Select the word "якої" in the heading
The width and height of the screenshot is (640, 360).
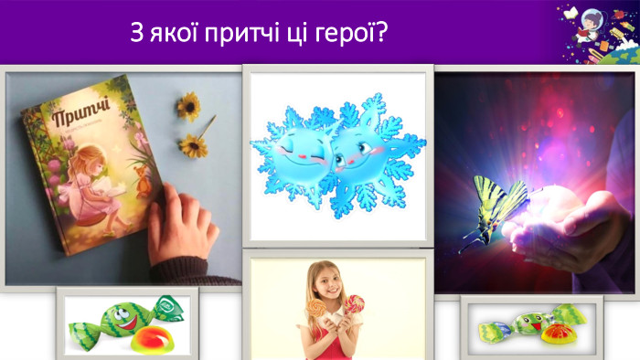coord(167,34)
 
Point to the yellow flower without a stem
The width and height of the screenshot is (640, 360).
coord(188,107)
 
